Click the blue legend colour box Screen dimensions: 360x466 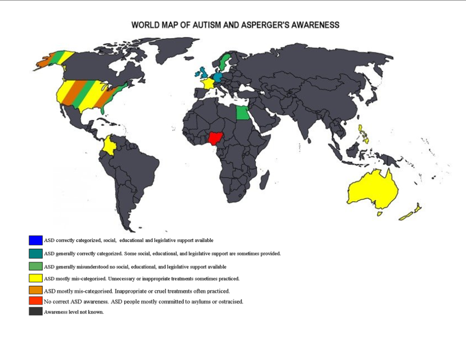pos(35,240)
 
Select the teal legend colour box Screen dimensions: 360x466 pos(35,254)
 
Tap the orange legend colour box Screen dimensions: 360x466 pos(35,290)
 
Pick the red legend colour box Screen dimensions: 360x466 pos(35,301)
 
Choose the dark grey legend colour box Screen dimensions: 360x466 pos(35,312)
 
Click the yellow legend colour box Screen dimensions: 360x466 pos(35,278)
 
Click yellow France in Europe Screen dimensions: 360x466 pos(208,83)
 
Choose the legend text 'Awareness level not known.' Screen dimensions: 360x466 pos(74,312)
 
